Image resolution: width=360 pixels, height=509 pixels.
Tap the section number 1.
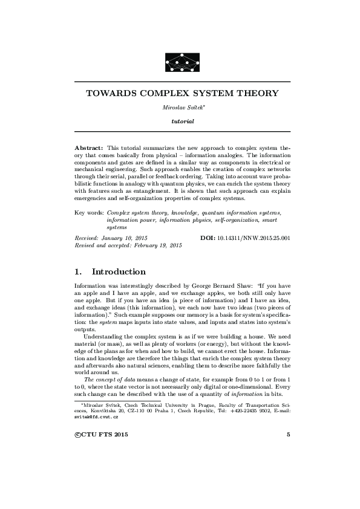[77, 271]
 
